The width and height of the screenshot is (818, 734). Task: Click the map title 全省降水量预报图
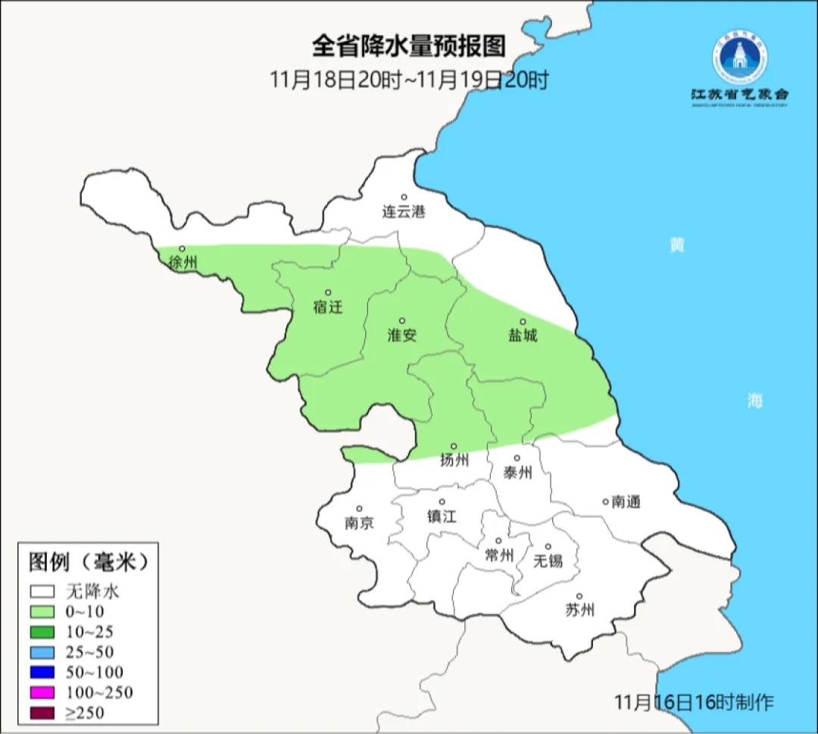408,46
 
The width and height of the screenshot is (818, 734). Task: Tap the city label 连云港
404,212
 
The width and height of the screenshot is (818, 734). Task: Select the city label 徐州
183,263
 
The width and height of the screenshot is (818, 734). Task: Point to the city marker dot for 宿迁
328,292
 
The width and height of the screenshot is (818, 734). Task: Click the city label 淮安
402,335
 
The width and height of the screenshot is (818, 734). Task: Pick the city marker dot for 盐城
522,321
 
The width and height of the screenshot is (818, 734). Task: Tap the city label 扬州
454,460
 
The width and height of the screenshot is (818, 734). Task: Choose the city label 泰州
517,473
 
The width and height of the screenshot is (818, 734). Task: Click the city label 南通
626,501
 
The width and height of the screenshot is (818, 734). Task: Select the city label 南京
359,523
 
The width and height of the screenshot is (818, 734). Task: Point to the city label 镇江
442,516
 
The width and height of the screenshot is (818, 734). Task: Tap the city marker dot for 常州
498,541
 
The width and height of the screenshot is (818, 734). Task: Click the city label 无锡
548,561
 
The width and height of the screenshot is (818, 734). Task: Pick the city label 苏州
579,610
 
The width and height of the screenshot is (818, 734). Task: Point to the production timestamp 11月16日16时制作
694,702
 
